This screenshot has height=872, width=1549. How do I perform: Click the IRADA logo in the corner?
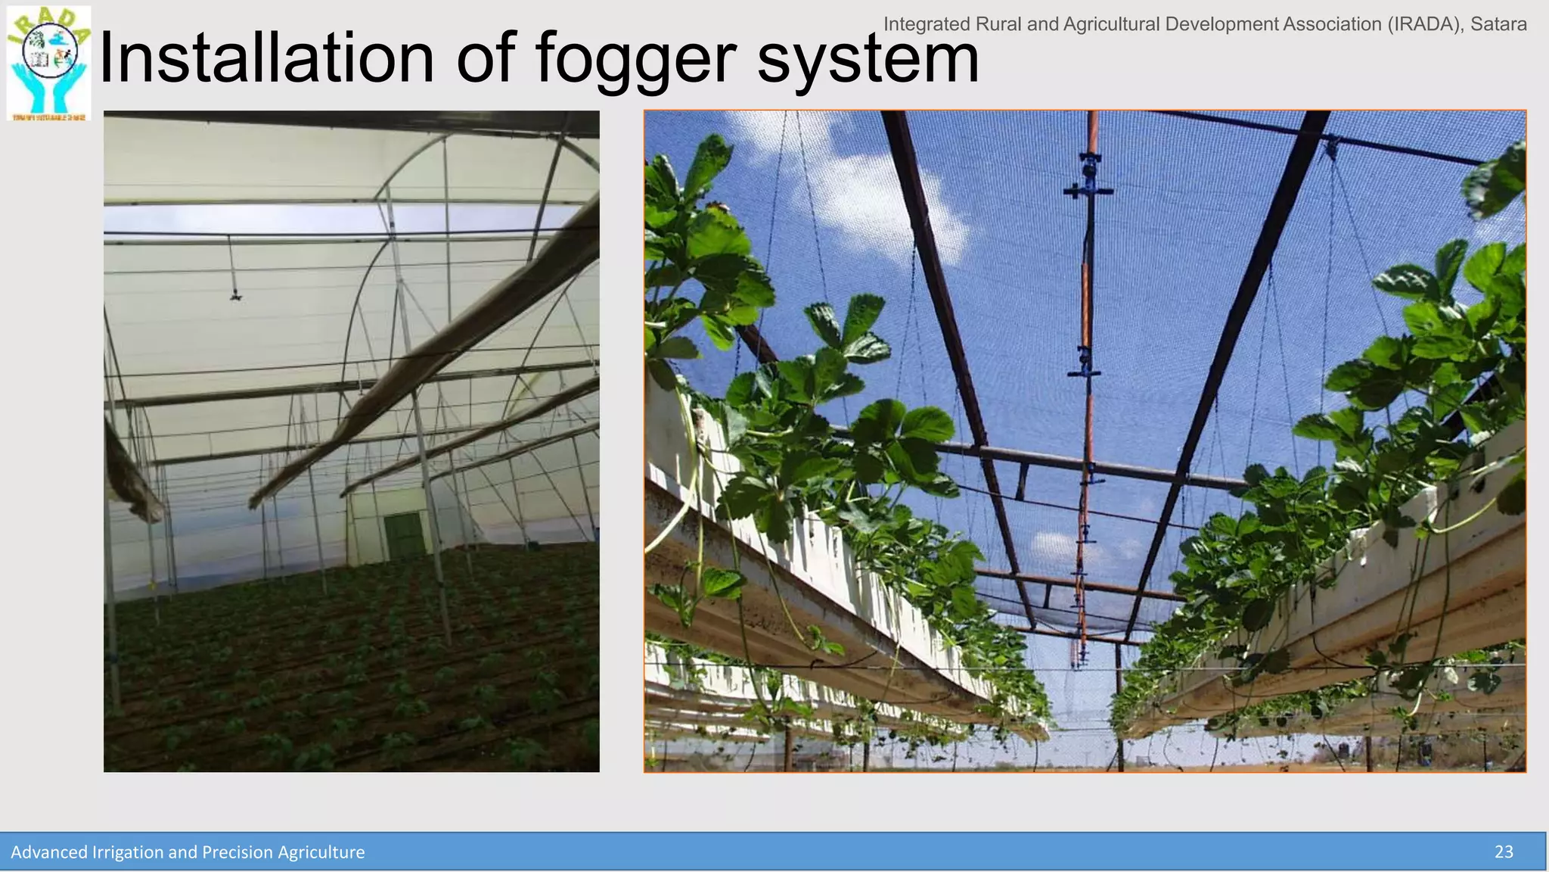(x=48, y=63)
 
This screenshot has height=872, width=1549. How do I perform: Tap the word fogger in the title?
(x=636, y=59)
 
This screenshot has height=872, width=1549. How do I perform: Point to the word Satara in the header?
(x=1498, y=24)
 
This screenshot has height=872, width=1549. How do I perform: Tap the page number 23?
(x=1504, y=852)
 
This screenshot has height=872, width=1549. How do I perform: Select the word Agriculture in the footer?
(x=321, y=852)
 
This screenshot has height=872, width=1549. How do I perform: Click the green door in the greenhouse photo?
(x=404, y=535)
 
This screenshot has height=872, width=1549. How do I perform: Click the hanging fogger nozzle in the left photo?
(x=235, y=294)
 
